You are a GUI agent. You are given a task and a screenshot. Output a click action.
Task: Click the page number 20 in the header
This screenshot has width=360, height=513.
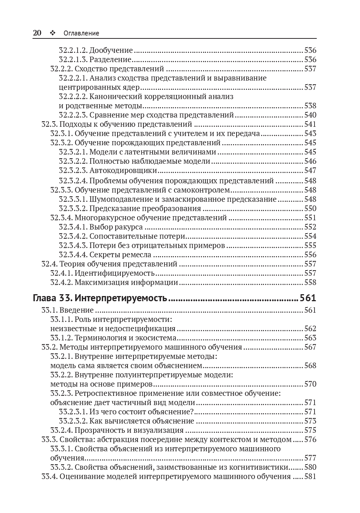click(x=37, y=33)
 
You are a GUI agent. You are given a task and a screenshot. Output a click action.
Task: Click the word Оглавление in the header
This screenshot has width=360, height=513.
click(x=81, y=33)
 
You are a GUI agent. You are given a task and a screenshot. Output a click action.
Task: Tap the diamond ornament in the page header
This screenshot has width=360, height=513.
click(x=52, y=33)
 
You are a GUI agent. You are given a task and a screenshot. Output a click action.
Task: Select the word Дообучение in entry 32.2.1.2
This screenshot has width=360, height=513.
click(x=111, y=50)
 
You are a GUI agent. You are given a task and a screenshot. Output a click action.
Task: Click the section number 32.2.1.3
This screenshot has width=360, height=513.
click(x=73, y=60)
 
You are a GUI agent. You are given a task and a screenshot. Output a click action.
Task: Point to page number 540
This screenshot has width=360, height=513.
click(x=310, y=115)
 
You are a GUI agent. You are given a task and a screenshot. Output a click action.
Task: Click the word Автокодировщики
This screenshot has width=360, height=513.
click(x=123, y=170)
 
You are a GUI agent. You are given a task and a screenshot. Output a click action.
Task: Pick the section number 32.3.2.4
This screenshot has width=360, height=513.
click(x=73, y=181)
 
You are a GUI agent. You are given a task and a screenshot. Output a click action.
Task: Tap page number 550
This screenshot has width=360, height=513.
click(x=310, y=208)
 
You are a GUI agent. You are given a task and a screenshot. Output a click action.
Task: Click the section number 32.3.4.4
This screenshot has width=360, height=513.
click(x=73, y=255)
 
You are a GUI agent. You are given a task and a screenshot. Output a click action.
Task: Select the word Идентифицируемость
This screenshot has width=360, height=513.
click(x=115, y=273)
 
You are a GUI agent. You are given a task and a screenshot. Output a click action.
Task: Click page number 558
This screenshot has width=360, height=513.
click(x=310, y=282)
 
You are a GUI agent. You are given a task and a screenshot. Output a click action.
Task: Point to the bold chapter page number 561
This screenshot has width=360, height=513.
click(x=308, y=298)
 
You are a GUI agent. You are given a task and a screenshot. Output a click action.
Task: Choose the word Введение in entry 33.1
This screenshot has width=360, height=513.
click(x=77, y=310)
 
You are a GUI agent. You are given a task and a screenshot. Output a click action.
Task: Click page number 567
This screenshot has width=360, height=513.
click(x=310, y=347)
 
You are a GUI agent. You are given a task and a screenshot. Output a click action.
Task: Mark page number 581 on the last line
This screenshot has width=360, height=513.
click(x=310, y=476)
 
